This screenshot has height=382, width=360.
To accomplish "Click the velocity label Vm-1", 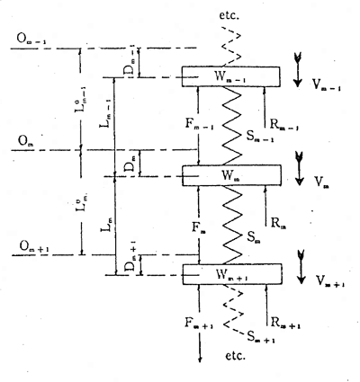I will coord(325,84).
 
